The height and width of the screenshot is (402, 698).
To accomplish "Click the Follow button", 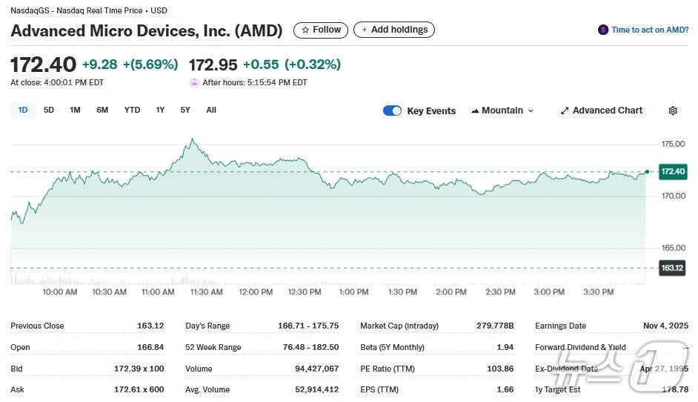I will tap(322, 30).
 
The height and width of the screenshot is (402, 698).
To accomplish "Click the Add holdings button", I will tap(394, 30).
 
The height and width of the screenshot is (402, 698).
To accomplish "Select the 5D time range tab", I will tap(49, 111).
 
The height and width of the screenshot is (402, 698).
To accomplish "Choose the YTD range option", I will tap(132, 111).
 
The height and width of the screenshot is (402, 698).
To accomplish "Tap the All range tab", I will tap(211, 111).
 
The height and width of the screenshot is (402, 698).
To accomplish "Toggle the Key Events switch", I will tap(392, 111).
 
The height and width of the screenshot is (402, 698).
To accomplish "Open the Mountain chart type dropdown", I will tap(502, 111).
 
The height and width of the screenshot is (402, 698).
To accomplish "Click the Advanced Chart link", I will tap(601, 111).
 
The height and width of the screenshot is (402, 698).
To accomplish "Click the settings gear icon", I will tap(673, 111).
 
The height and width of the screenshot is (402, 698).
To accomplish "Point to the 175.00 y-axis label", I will tap(673, 144).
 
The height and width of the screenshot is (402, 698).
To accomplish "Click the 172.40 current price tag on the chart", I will tap(673, 171).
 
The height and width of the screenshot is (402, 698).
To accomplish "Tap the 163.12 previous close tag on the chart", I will tap(673, 268).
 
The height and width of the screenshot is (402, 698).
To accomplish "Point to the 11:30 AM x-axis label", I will tap(207, 292).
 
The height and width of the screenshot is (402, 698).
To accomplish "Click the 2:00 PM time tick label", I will tap(451, 292).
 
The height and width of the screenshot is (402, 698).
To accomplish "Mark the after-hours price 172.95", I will tap(213, 65).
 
